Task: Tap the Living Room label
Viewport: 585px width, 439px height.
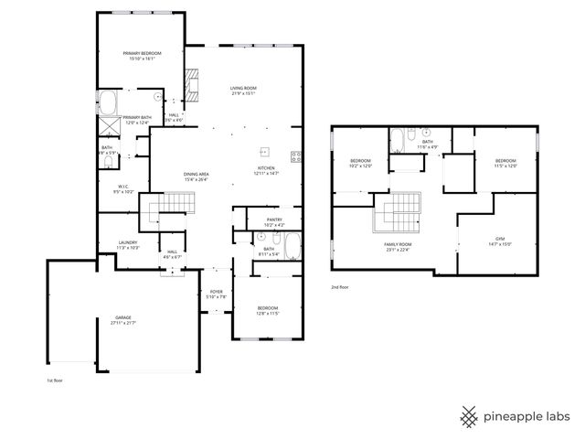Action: click(243, 88)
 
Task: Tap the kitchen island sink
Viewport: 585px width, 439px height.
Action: click(266, 152)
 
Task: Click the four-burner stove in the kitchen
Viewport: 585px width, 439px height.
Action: click(295, 155)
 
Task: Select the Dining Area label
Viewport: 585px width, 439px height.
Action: click(197, 174)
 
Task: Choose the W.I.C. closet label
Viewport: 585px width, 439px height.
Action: click(122, 189)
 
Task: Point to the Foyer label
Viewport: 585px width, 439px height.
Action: click(216, 293)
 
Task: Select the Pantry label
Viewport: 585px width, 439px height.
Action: click(274, 219)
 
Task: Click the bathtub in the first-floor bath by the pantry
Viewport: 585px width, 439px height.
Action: click(292, 246)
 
